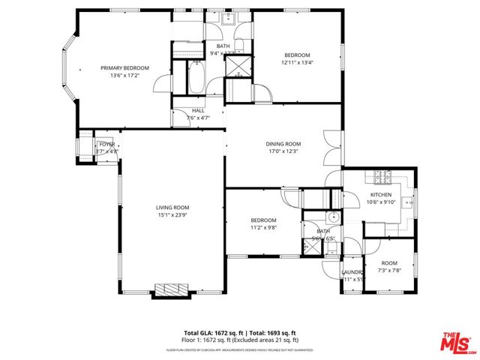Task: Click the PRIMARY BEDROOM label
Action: point(124,68)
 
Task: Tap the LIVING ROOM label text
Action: point(172,208)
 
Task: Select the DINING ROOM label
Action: point(283,144)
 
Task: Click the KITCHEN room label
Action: point(381,193)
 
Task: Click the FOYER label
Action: point(106,144)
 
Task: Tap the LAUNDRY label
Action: point(352,271)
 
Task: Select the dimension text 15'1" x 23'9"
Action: point(172,215)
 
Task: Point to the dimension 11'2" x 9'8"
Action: point(263,228)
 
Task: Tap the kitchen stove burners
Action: point(382,177)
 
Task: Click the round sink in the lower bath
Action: point(334,219)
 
